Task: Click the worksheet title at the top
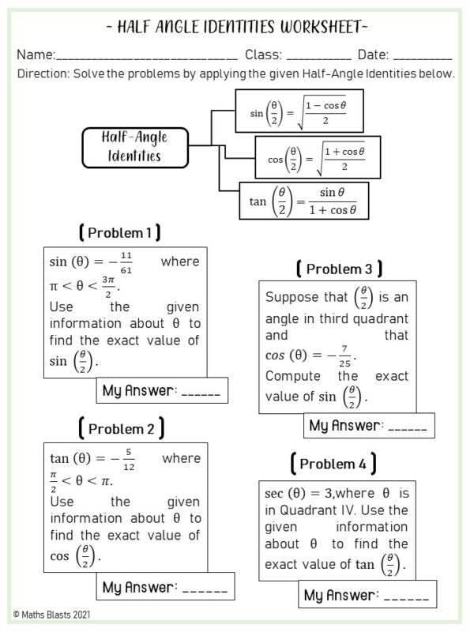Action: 235,28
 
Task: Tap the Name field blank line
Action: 146,56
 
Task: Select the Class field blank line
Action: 318,56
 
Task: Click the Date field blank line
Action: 422,56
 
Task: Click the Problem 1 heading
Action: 120,233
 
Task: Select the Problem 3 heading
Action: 339,269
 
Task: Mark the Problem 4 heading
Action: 333,462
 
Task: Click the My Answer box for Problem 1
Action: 163,391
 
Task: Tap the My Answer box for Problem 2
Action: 166,588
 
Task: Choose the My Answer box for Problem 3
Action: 369,426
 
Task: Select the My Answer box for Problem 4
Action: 367,595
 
